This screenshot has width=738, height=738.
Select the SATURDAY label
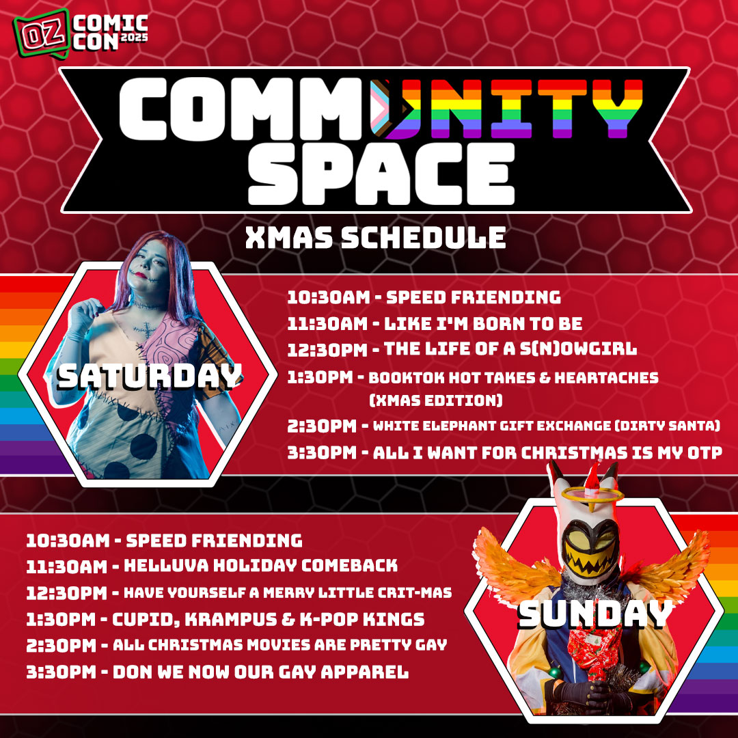150,376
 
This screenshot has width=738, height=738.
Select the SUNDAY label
594,615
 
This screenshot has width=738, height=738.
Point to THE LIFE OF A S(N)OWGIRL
510,349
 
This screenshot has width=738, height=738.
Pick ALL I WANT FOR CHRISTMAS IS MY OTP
547,452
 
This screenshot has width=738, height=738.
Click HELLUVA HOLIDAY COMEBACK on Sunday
259,566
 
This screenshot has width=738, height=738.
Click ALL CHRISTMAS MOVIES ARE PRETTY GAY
279,645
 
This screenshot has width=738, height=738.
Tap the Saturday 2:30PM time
322,426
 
